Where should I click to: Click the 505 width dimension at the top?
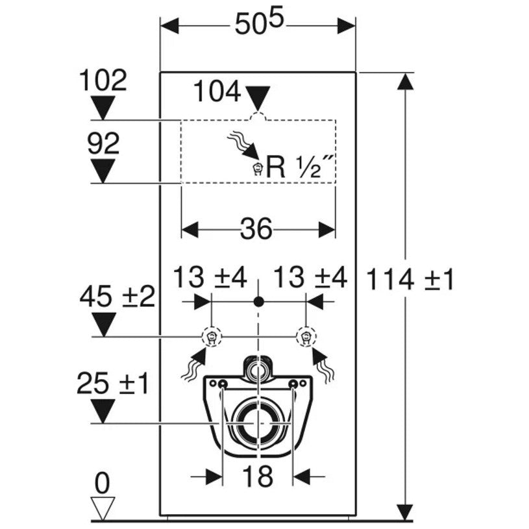[x=260, y=24]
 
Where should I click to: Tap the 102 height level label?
[x=103, y=80]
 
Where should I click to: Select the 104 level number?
[x=217, y=92]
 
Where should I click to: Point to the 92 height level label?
[x=103, y=143]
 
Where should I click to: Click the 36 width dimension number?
[x=256, y=229]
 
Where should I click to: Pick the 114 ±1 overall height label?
[x=410, y=280]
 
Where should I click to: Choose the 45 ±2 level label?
[x=117, y=297]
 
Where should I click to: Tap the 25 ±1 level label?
[x=112, y=384]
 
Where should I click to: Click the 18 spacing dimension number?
[x=258, y=476]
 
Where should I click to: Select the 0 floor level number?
[x=103, y=484]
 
